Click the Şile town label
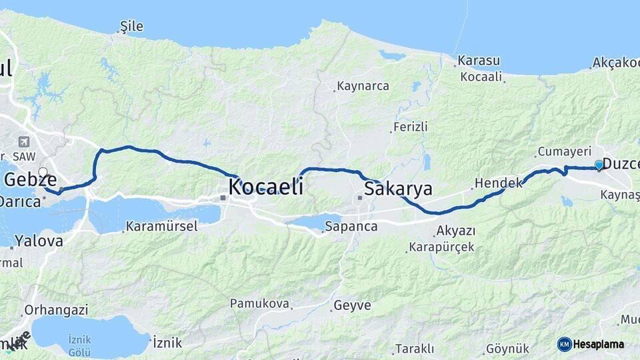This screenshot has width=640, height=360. tap(131, 27)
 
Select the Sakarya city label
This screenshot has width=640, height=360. tap(398, 189)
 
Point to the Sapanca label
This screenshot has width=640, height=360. tap(351, 227)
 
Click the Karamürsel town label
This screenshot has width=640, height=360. tap(161, 226)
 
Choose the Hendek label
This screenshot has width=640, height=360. tap(498, 183)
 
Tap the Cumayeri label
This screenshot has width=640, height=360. tap(565, 151)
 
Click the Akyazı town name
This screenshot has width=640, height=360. tap(455, 231)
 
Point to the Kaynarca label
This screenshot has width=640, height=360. tap(363, 86)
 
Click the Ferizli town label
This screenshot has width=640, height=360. tap(410, 127)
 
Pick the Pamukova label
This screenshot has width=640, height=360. tap(259, 304)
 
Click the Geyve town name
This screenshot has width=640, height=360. tap(351, 305)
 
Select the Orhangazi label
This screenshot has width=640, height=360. tap(56, 310)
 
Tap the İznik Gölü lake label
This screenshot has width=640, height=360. tap(79, 345)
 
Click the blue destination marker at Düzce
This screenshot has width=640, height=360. tap(599, 164)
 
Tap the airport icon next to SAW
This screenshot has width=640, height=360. tap(25, 142)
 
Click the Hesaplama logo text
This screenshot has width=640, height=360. tap(598, 345)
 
